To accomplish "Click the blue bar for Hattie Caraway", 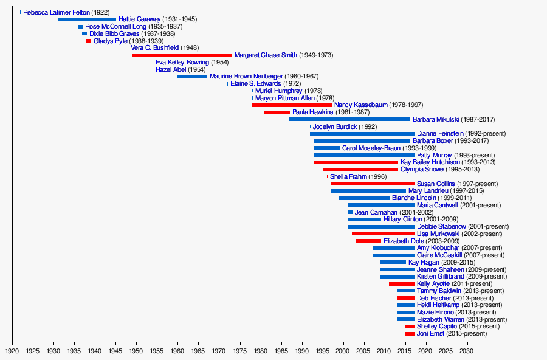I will coord(87,19).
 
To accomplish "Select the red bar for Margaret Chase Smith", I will coord(182,55).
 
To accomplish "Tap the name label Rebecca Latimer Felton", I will coord(57,12).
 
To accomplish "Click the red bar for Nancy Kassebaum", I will coord(292,105).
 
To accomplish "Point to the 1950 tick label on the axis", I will coord(136,351).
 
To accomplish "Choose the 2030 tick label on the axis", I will coord(466,351).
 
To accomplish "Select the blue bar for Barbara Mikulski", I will coord(349,119).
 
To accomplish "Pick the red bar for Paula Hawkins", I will coord(277,112).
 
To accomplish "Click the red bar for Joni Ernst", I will coord(410,334).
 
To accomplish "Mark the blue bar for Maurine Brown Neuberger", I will coord(192,77).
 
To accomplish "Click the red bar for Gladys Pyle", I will coord(89,41).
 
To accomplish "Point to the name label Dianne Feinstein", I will coord(440,134).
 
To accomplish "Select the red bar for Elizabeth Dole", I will coord(368,241).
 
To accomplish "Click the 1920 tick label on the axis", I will coord(12,351).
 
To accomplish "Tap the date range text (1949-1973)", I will coord(316,55).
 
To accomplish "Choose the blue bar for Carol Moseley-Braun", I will coord(327,148).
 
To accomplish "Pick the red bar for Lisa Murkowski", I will coord(383,234).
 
